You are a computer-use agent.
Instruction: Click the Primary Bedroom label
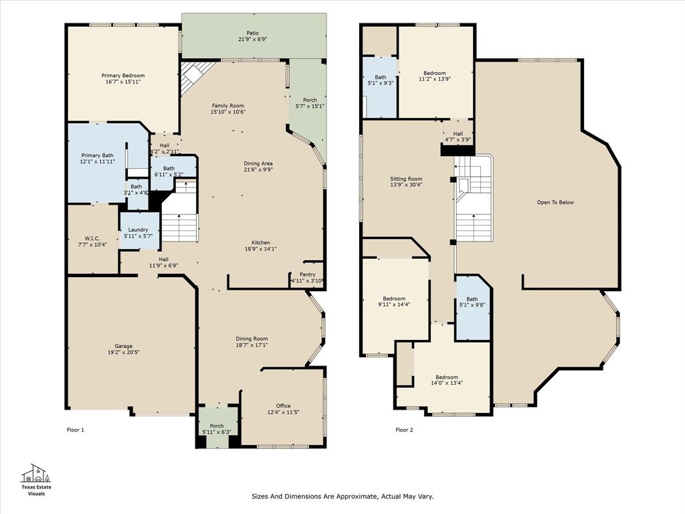123,76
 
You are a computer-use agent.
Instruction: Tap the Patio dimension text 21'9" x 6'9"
252,39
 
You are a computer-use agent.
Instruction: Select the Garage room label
123,346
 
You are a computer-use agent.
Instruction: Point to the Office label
283,406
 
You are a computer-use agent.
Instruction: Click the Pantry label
307,274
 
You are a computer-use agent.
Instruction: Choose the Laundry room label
138,230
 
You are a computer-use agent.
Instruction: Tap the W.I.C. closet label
92,238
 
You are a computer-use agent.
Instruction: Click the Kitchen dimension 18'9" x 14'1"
261,249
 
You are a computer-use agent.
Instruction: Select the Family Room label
228,106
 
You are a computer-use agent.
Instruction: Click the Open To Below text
555,202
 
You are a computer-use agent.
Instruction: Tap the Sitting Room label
407,179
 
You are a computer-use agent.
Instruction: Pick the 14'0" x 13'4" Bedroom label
447,377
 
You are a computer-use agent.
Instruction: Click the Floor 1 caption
76,430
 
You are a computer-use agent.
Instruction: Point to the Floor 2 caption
404,430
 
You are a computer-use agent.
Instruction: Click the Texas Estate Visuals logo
37,479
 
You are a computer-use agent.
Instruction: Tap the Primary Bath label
98,155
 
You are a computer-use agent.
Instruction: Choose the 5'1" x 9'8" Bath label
472,299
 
